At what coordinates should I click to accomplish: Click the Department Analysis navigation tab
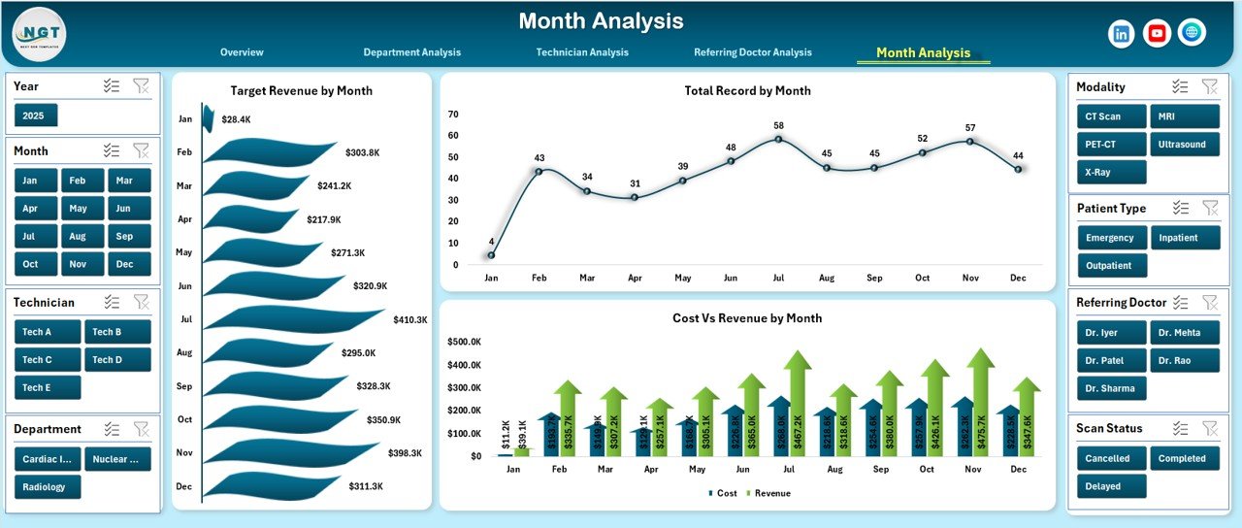coord(411,52)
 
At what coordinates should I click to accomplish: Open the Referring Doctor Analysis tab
coord(752,52)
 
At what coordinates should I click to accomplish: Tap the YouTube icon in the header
coord(1157,33)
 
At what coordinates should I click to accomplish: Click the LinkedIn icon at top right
coord(1122,33)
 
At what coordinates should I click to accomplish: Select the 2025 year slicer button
coord(36,115)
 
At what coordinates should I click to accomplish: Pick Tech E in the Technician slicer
coord(48,387)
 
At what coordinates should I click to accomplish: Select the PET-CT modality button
coord(1111,145)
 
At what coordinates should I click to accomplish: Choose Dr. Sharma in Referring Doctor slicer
coord(1111,388)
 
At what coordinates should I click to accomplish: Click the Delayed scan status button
coord(1111,486)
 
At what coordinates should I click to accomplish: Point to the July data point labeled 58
coord(778,139)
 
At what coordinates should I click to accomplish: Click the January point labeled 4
coord(491,255)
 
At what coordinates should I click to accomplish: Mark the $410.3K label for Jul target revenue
coord(409,319)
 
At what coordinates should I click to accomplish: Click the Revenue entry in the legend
coord(769,493)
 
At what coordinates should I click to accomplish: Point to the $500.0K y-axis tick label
coord(464,342)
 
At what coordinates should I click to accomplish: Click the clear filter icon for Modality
coord(1209,86)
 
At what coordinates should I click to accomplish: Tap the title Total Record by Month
coord(747,91)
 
